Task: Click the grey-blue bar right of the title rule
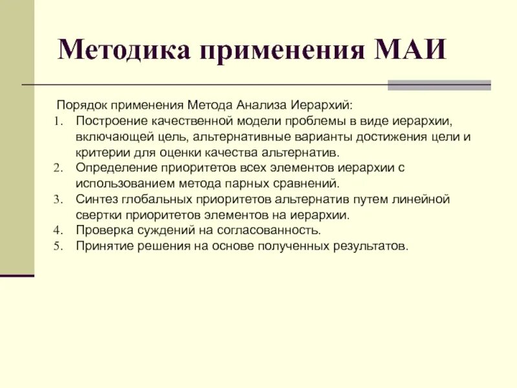point(439,85)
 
